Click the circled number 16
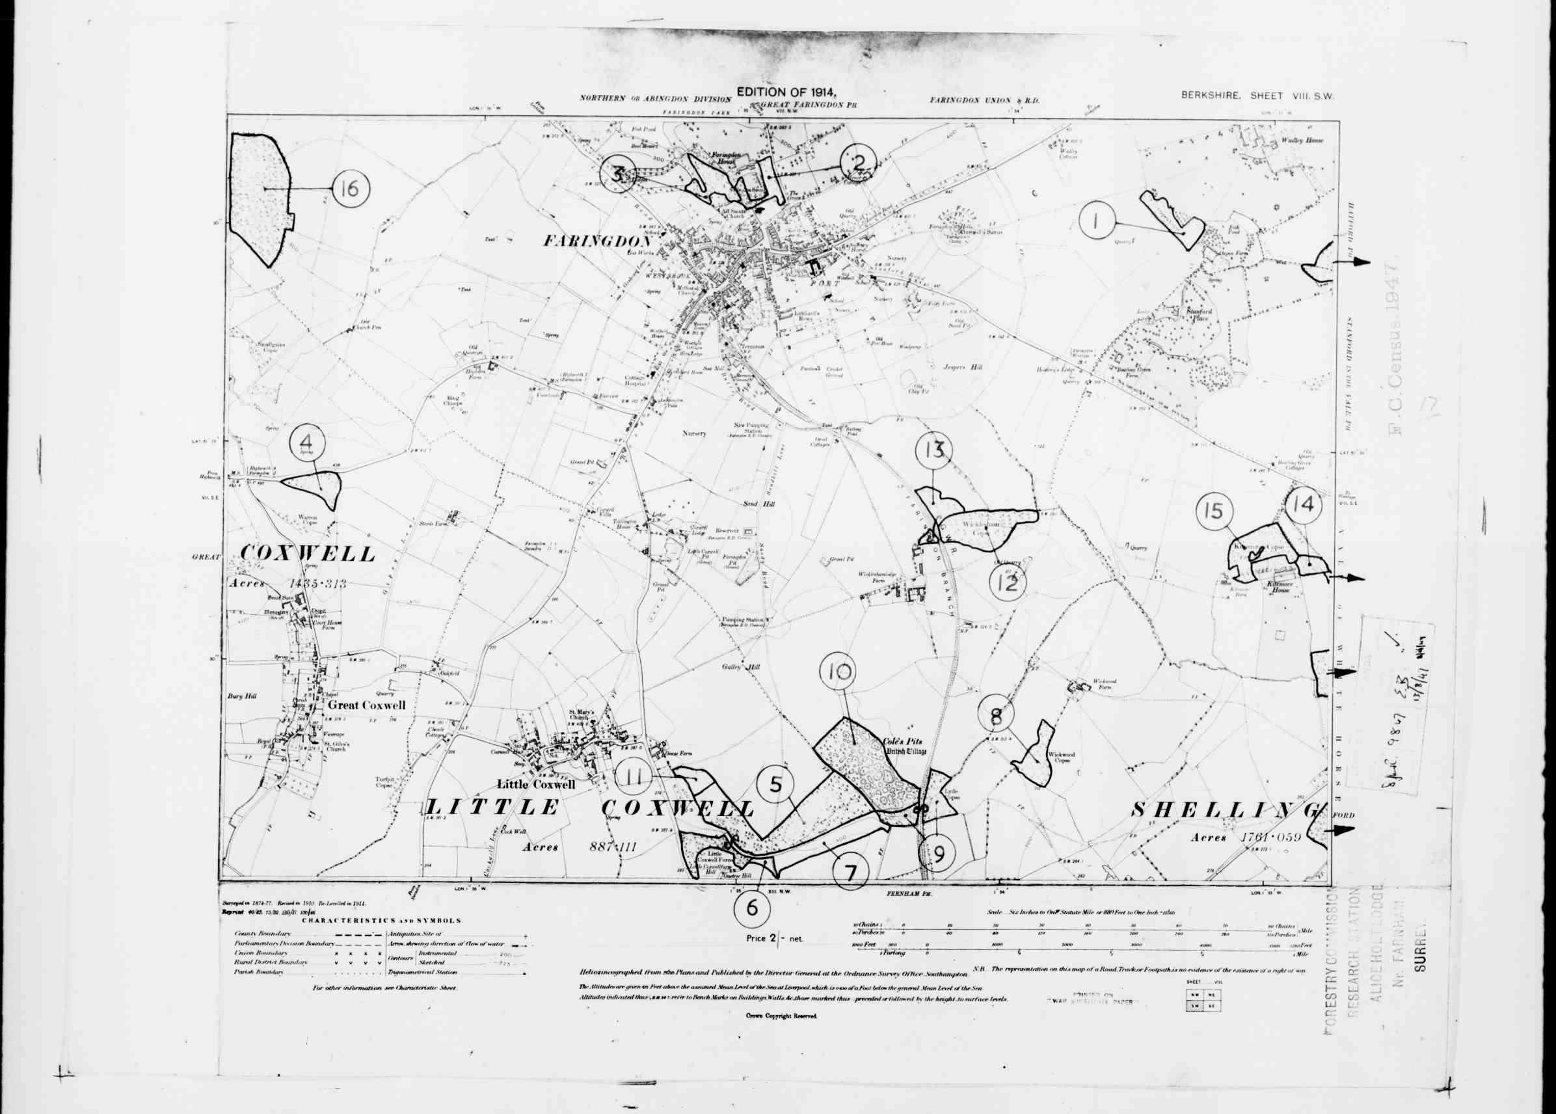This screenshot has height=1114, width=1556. [350, 187]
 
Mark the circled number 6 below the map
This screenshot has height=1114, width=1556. [752, 908]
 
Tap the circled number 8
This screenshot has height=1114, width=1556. [996, 717]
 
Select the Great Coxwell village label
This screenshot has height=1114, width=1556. [366, 705]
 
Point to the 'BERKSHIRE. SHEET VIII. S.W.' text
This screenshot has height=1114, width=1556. [1257, 97]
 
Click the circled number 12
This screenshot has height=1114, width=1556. [1008, 584]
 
